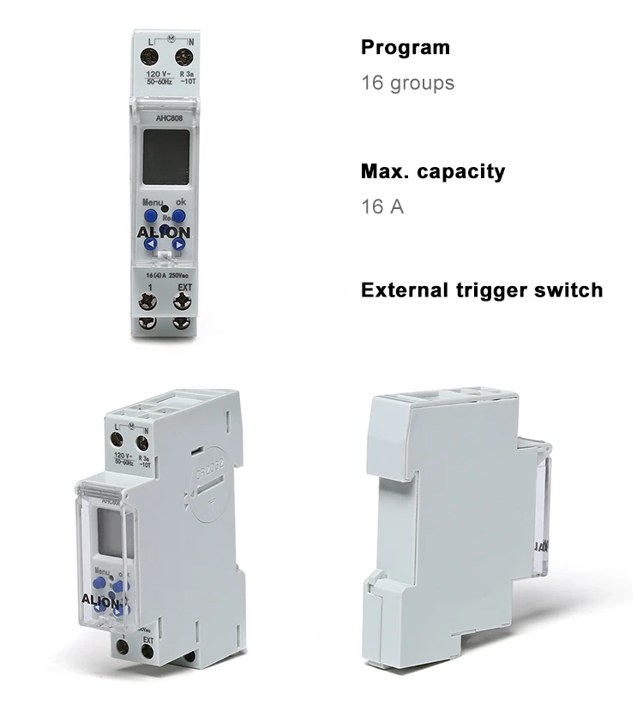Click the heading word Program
coord(405,47)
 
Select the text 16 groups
coord(407,83)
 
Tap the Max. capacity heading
coord(433,170)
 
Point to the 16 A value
coord(382,206)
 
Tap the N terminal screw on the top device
coord(182,58)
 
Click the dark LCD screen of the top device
coord(164,159)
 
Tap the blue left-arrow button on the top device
coord(149,245)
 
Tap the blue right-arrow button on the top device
coord(179,245)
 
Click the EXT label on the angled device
coord(147,640)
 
